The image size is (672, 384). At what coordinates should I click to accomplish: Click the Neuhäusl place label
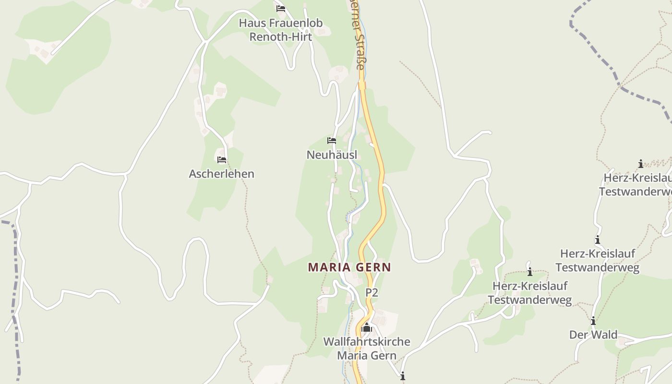click(332, 155)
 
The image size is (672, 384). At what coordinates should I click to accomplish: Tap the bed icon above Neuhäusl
click(332, 141)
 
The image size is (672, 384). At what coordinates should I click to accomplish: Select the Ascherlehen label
click(221, 174)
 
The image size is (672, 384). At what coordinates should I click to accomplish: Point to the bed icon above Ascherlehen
click(221, 160)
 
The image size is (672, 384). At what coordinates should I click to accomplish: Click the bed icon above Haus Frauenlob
click(281, 9)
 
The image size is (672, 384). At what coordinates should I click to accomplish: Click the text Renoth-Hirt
click(281, 37)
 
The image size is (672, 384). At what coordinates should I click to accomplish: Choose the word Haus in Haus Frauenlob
click(251, 23)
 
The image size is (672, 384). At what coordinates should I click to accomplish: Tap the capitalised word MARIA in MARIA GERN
click(329, 267)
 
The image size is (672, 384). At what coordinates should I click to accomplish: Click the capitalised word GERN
click(374, 267)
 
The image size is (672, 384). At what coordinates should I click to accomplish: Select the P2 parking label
click(372, 292)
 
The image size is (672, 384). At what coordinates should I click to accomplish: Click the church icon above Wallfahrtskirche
click(367, 328)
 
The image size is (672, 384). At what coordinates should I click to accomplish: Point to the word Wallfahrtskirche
click(367, 342)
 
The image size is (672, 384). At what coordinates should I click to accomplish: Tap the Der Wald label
click(593, 335)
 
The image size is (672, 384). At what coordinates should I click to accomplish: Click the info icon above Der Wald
click(593, 321)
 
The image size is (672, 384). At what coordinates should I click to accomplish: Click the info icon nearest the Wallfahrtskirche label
click(402, 376)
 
